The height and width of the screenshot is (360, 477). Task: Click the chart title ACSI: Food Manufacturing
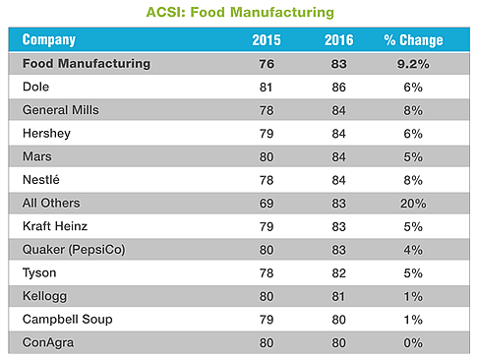pos(240,12)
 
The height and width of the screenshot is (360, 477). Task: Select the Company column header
pos(49,40)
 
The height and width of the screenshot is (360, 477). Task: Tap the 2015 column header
pos(267,40)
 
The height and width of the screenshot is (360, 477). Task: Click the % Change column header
pos(413,40)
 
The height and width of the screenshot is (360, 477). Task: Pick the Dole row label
pos(35,87)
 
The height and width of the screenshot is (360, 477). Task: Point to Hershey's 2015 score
pos(267,134)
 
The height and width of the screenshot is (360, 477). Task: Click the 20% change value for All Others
pos(413,204)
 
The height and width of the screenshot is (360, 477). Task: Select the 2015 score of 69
pos(267,204)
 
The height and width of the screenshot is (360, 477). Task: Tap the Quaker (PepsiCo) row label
pos(74,250)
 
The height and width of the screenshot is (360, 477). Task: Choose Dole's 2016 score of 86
pos(338,87)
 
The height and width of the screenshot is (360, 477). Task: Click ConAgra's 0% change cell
pos(413,343)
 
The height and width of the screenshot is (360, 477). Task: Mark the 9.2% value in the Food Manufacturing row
pos(413,64)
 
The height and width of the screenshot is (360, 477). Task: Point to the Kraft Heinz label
pos(55,226)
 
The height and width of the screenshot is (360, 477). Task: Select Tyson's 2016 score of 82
pos(338,273)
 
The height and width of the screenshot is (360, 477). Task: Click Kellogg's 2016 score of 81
pos(338,296)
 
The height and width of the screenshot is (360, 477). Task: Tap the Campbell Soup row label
pos(67,320)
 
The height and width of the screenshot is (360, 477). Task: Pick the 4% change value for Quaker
pos(413,250)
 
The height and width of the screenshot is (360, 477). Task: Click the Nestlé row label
pos(41,180)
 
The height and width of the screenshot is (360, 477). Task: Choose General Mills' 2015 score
pos(267,110)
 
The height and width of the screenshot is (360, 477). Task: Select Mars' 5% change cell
pos(413,156)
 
